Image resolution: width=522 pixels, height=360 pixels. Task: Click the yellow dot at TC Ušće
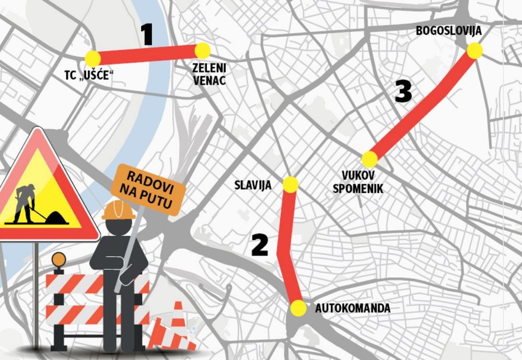[93, 58]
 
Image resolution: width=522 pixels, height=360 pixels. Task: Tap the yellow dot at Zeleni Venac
[203, 51]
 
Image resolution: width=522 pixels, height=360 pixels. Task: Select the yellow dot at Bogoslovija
[474, 51]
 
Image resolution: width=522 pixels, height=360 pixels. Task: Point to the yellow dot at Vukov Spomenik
[369, 159]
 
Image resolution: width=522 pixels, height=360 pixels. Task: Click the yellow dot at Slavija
[290, 184]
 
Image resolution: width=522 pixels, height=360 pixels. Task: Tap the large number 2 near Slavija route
[260, 245]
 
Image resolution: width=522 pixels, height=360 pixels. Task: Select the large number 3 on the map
[403, 92]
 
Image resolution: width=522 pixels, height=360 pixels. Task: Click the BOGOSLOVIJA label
[448, 31]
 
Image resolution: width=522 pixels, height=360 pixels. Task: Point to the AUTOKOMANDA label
[353, 308]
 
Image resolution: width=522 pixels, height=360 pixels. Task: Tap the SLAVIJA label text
[252, 185]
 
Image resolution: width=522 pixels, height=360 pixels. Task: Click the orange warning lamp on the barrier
[58, 260]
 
